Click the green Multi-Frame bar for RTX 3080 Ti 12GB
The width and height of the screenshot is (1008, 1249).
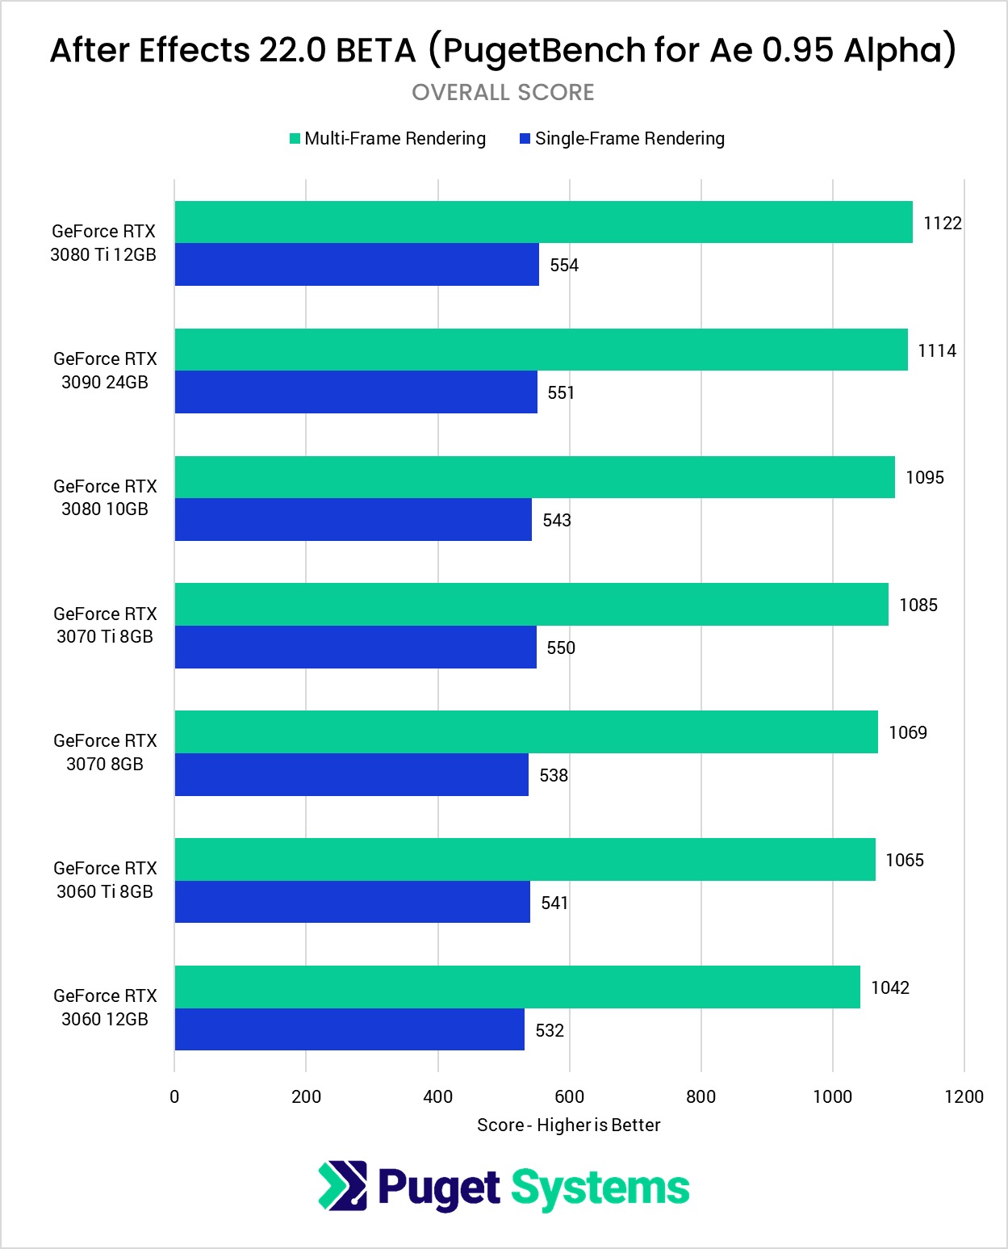point(543,222)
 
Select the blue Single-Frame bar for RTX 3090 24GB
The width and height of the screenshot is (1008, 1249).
point(356,392)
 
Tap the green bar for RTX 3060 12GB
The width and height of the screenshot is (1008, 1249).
point(517,987)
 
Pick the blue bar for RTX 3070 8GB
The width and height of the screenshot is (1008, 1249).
point(352,775)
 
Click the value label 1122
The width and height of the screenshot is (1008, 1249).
point(943,223)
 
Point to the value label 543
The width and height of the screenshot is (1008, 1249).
point(557,520)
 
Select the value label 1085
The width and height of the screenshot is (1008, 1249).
point(918,605)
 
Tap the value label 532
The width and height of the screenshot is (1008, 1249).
point(550,1030)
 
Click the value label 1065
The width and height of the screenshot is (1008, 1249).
point(905,860)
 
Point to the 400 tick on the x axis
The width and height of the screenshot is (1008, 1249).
point(438,1096)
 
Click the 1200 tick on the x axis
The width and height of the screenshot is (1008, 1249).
point(964,1096)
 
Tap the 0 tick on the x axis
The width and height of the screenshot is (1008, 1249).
point(174,1096)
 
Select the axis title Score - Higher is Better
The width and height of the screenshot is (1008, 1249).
point(568,1125)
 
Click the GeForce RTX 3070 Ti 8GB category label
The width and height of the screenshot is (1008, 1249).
point(105,625)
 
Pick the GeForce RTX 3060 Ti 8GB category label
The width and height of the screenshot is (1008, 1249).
point(105,880)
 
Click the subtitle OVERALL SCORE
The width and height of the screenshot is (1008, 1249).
point(503,93)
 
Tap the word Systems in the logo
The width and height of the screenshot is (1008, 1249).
point(600,1188)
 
